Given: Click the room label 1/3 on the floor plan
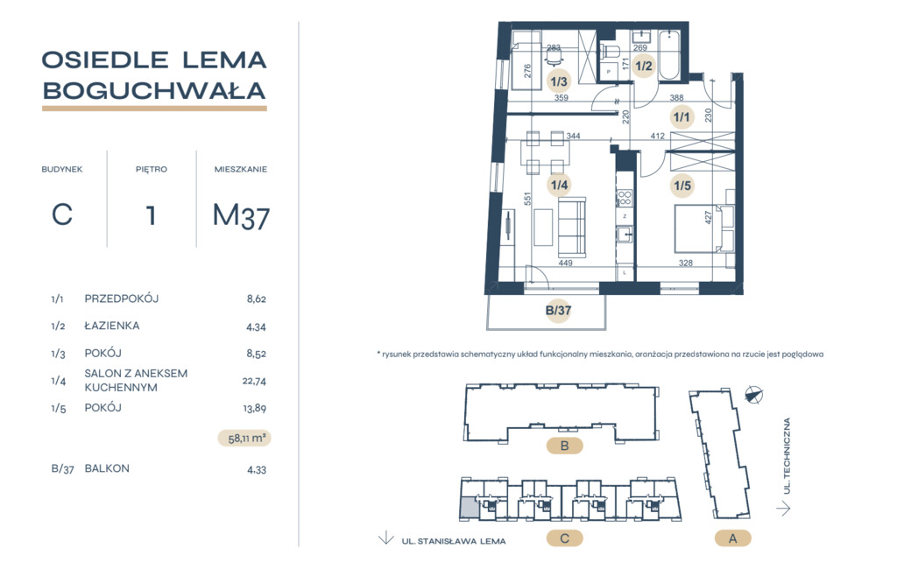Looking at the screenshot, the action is coord(558,81).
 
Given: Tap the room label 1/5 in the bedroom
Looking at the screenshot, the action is coord(682,186).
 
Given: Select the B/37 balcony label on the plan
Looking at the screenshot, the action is coord(558,311).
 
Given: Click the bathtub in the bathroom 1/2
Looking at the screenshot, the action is coord(668,55).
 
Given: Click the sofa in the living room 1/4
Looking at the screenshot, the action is coord(571,227).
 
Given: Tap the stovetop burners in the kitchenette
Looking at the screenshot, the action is coord(624,198).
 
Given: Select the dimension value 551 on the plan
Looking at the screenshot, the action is coord(527,199).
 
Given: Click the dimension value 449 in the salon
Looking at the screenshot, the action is coord(565,263).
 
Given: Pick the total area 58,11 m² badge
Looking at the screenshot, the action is coord(245,439).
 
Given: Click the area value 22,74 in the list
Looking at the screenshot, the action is coord(254,381).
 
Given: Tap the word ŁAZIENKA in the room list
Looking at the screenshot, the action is coord(112,326).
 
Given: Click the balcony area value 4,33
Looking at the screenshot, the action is coord(257,470).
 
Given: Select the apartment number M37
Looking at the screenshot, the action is coord(241,216).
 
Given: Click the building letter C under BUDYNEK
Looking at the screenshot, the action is coord(62,215).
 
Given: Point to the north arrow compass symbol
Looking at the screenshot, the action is coord(754,395).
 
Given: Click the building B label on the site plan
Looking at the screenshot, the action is coord(565,446).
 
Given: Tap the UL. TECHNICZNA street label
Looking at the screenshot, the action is coord(788,456).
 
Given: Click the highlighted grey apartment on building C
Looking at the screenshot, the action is coord(470,509).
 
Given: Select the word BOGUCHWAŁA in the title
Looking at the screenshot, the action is coord(154,91).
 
